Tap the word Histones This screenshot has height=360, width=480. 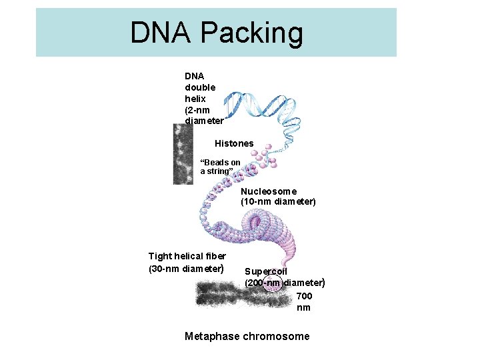[234, 143]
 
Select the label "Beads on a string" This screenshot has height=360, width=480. [221, 167]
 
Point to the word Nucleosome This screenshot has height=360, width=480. [269, 191]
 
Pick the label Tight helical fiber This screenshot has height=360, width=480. [187, 256]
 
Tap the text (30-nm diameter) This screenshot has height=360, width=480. [186, 269]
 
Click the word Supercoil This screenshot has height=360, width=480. [266, 271]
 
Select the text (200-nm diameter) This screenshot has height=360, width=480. [285, 283]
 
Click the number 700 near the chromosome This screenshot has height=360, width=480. [303, 296]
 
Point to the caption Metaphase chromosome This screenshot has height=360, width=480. [247, 336]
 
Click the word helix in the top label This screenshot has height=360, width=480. [195, 98]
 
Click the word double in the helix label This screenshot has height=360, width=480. [200, 87]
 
